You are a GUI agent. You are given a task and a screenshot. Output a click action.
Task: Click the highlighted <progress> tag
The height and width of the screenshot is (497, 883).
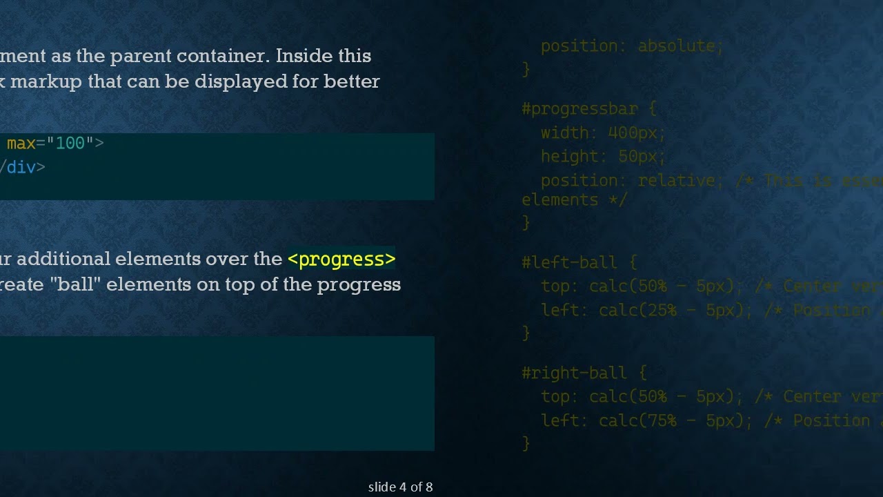(x=341, y=259)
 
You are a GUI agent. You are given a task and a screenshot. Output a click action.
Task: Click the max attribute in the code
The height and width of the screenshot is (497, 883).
(x=21, y=144)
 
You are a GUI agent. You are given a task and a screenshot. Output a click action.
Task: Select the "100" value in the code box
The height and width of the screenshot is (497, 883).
(x=70, y=144)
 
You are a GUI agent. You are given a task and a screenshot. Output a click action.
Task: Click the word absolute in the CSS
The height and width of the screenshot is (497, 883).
(x=676, y=46)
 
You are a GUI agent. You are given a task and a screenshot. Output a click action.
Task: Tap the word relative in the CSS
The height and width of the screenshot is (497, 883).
(x=676, y=181)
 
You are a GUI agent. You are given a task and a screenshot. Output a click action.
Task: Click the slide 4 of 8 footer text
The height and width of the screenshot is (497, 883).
(x=400, y=487)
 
